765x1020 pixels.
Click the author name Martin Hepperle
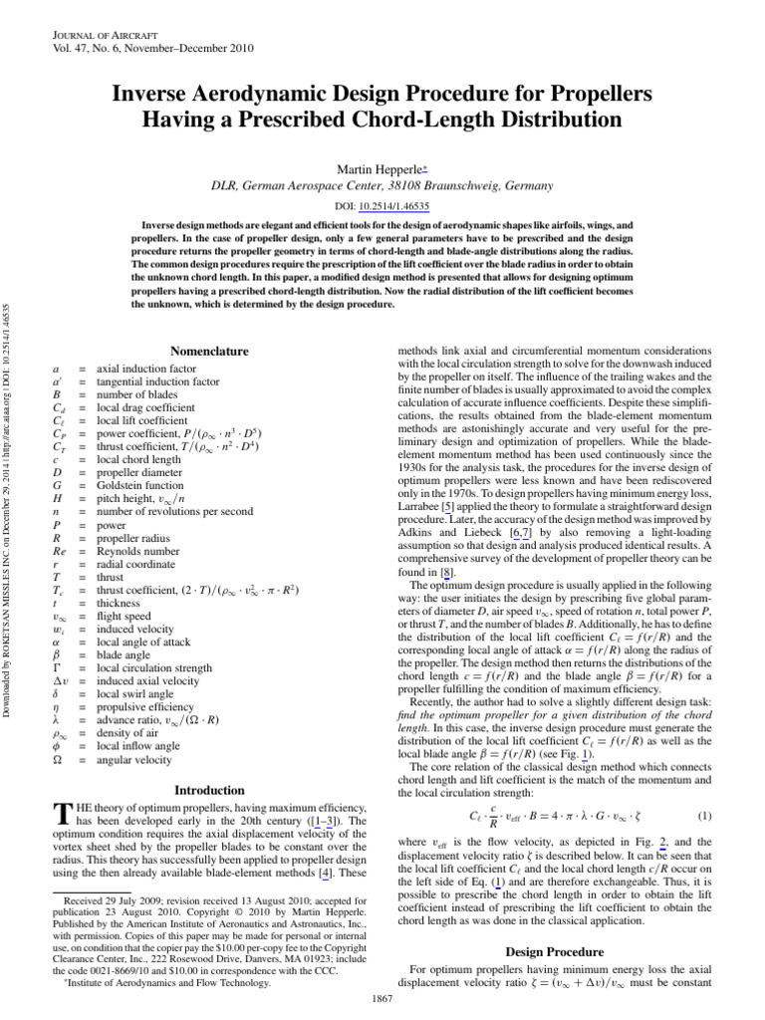[x=380, y=167]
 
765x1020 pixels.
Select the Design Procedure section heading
[x=540, y=951]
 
